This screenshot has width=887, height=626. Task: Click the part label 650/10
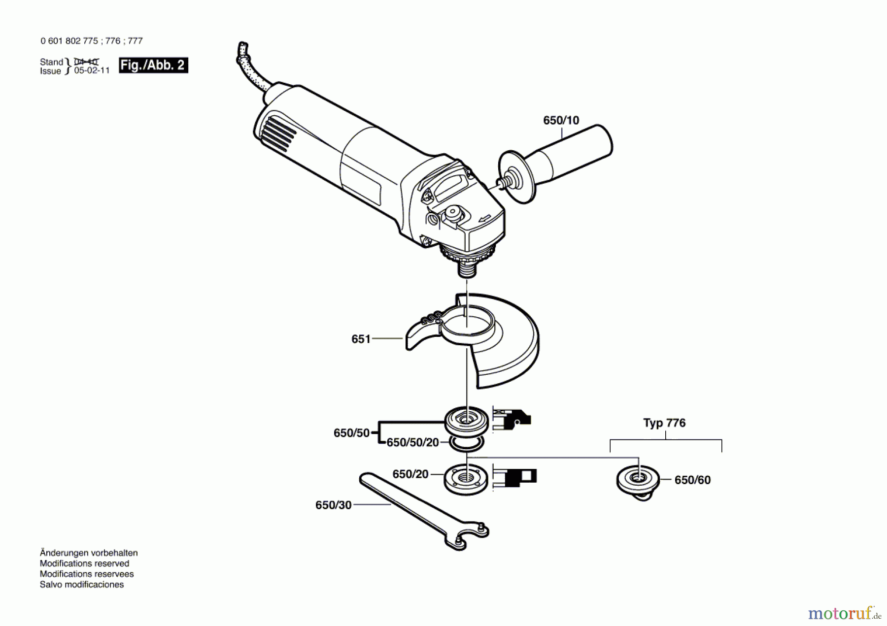(561, 120)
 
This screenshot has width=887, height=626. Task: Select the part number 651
(360, 339)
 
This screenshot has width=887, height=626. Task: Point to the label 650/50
(351, 433)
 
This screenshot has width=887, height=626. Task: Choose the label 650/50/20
(412, 442)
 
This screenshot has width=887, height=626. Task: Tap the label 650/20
(410, 474)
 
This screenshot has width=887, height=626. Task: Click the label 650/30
(333, 505)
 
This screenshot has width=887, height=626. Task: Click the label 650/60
(692, 480)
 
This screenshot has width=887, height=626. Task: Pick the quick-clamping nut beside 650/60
(638, 480)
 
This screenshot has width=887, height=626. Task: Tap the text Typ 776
(664, 423)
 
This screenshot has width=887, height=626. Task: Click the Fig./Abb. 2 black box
(153, 66)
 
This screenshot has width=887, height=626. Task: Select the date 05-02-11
(92, 71)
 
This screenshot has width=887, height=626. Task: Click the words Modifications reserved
(84, 563)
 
